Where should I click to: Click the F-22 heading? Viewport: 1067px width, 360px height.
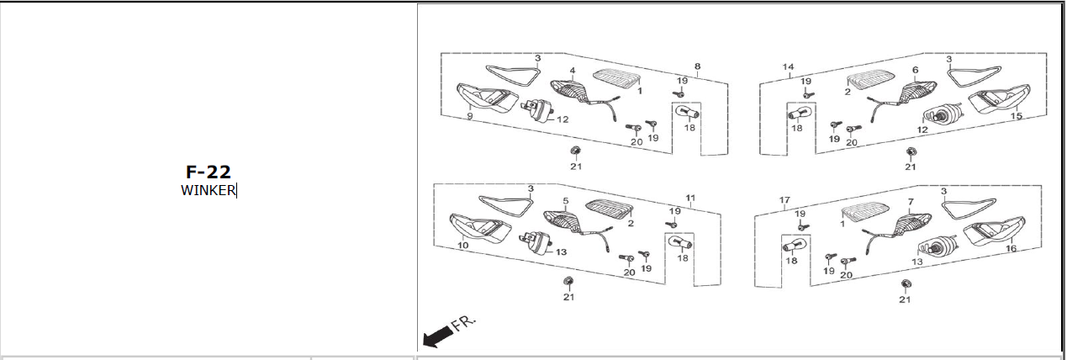point(208,172)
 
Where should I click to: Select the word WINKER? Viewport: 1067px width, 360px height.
point(208,190)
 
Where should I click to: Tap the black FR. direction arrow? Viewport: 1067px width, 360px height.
point(437,337)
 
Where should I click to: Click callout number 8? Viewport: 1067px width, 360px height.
point(697,66)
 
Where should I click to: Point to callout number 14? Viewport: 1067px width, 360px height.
point(788,66)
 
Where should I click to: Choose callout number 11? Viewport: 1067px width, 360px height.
point(690,199)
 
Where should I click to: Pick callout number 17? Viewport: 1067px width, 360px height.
point(784,200)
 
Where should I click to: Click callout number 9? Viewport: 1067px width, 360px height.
point(469,117)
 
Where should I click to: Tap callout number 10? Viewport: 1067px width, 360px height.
point(462,246)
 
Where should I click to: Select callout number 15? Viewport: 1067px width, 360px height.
point(1017,116)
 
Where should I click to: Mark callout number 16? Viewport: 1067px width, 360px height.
point(1011,249)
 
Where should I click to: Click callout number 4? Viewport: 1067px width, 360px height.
point(573,71)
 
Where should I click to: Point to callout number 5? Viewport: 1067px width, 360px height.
point(566,202)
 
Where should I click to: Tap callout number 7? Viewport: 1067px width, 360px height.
point(910,202)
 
